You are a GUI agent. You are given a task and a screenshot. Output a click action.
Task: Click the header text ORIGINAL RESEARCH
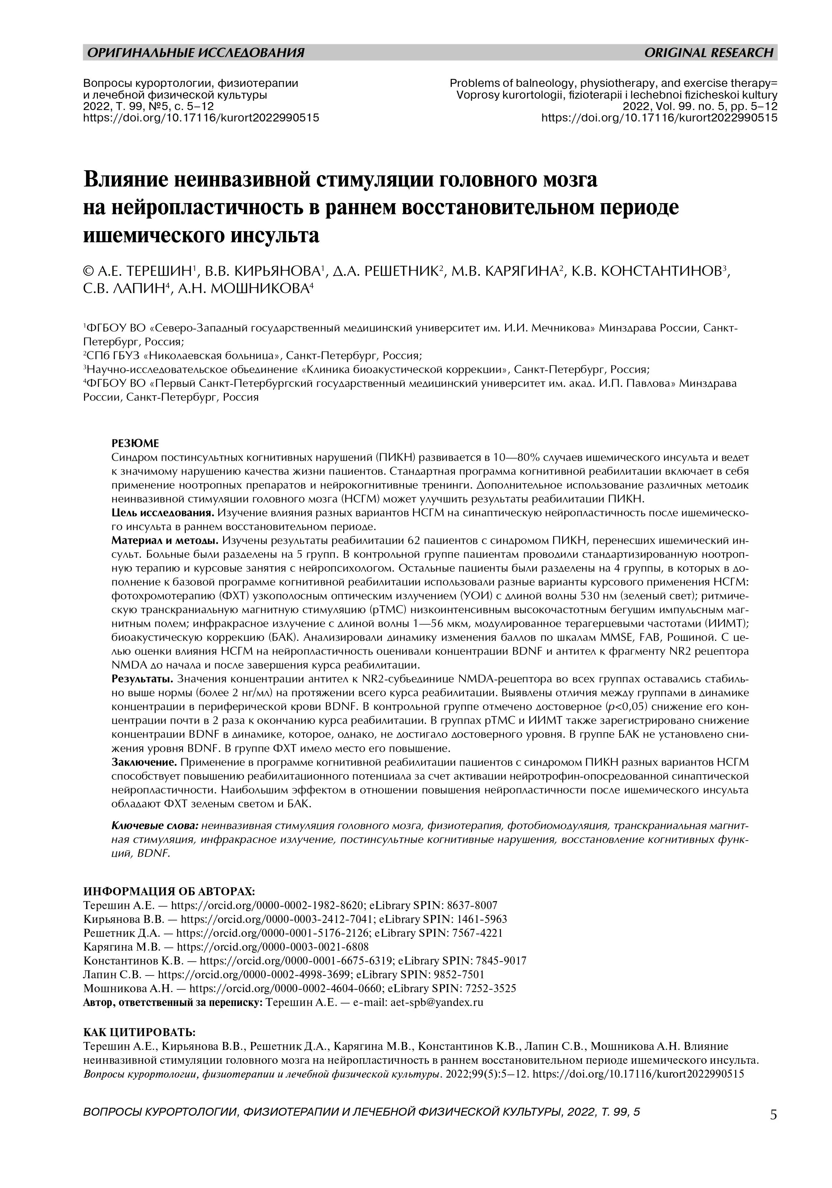708,52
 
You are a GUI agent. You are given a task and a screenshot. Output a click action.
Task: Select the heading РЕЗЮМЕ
136,443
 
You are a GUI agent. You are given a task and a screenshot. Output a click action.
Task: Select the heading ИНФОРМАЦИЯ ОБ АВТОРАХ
169,891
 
